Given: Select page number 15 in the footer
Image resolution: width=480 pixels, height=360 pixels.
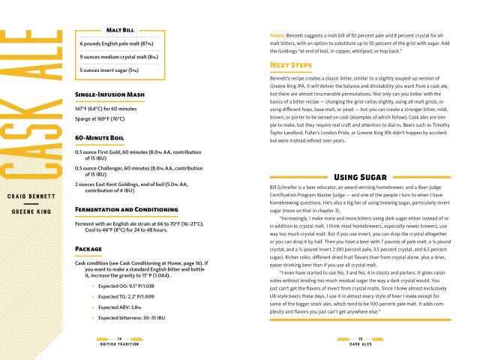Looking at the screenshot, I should click(x=360, y=339).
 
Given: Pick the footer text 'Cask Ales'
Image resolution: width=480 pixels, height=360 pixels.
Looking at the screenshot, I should click(x=360, y=345).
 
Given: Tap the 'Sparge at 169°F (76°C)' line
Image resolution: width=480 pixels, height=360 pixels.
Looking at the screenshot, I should click(x=108, y=118).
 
